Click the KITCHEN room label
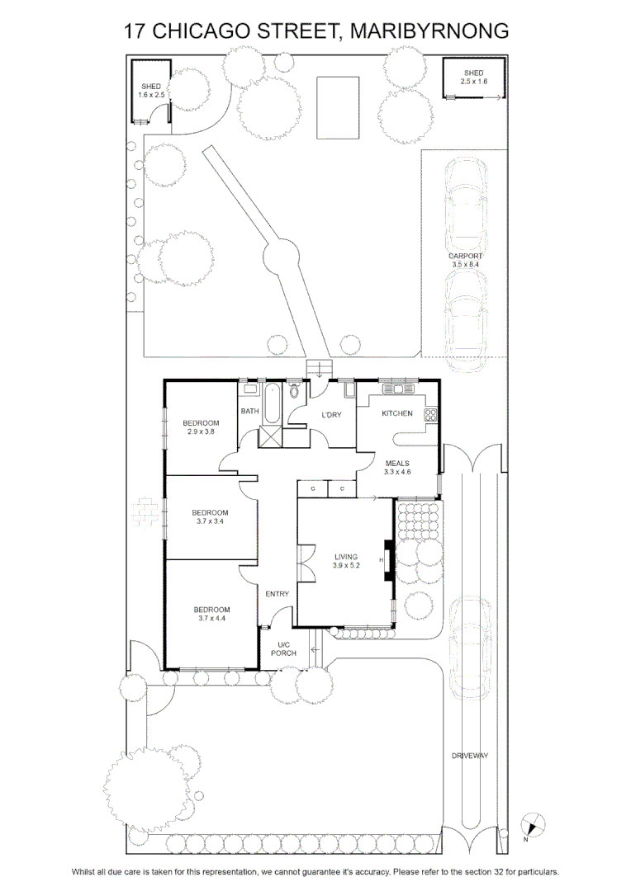pyautogui.click(x=397, y=413)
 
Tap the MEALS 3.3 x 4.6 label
pyautogui.click(x=397, y=468)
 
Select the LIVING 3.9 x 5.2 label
pyautogui.click(x=346, y=561)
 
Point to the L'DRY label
pyautogui.click(x=331, y=415)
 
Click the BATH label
pyautogui.click(x=249, y=411)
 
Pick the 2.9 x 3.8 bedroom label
pyautogui.click(x=201, y=427)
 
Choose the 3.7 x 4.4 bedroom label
pyautogui.click(x=211, y=614)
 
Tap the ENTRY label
pyautogui.click(x=277, y=594)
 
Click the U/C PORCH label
pyautogui.click(x=283, y=649)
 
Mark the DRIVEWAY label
pyautogui.click(x=470, y=756)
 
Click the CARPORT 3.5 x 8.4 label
pyautogui.click(x=466, y=260)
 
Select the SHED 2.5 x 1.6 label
pyautogui.click(x=473, y=78)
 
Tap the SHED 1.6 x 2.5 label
pyautogui.click(x=151, y=91)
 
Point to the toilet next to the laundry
pyautogui.click(x=294, y=391)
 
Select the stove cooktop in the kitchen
pyautogui.click(x=431, y=415)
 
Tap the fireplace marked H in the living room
pyautogui.click(x=387, y=560)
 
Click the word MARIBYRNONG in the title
pyautogui.click(x=429, y=31)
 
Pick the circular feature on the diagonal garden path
pyautogui.click(x=281, y=254)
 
